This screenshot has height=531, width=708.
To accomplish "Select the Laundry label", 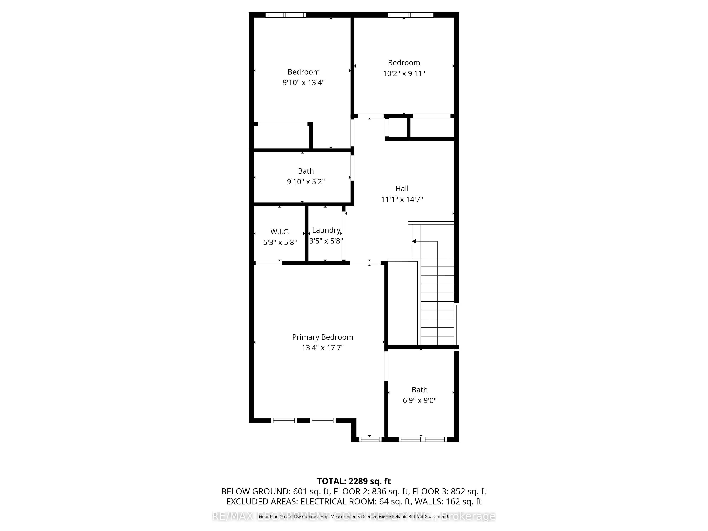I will [x=326, y=230].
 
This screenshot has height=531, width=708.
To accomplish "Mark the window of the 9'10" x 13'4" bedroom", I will [x=286, y=15].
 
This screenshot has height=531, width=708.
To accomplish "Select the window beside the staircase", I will [x=457, y=325].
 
